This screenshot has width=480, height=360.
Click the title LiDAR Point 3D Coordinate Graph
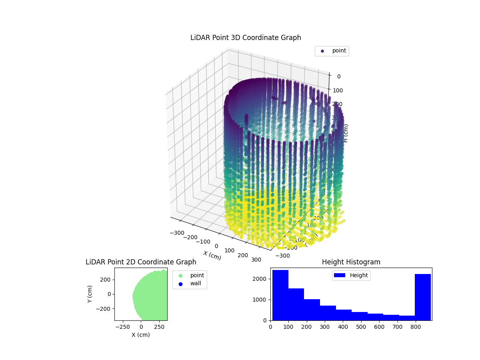point(246,38)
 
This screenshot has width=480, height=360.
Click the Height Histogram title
point(351,262)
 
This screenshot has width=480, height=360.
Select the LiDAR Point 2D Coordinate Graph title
point(141,262)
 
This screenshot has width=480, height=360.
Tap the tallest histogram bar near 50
point(280,295)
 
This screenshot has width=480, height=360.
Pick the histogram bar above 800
point(423,297)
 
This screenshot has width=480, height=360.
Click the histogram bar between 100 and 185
point(296,304)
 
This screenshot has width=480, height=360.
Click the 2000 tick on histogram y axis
point(262,279)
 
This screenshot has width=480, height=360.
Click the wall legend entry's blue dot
point(180,284)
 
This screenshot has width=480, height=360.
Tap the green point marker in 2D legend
point(180,276)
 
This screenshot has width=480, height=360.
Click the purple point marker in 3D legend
point(322,51)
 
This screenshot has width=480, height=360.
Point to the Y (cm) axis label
point(90,294)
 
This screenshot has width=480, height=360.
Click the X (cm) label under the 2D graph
point(141,335)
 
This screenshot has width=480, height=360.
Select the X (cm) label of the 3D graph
point(212,255)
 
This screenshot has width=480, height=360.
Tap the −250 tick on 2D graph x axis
point(123,327)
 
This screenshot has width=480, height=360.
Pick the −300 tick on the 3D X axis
point(176,233)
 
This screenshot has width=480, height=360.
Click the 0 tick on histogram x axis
point(270,327)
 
